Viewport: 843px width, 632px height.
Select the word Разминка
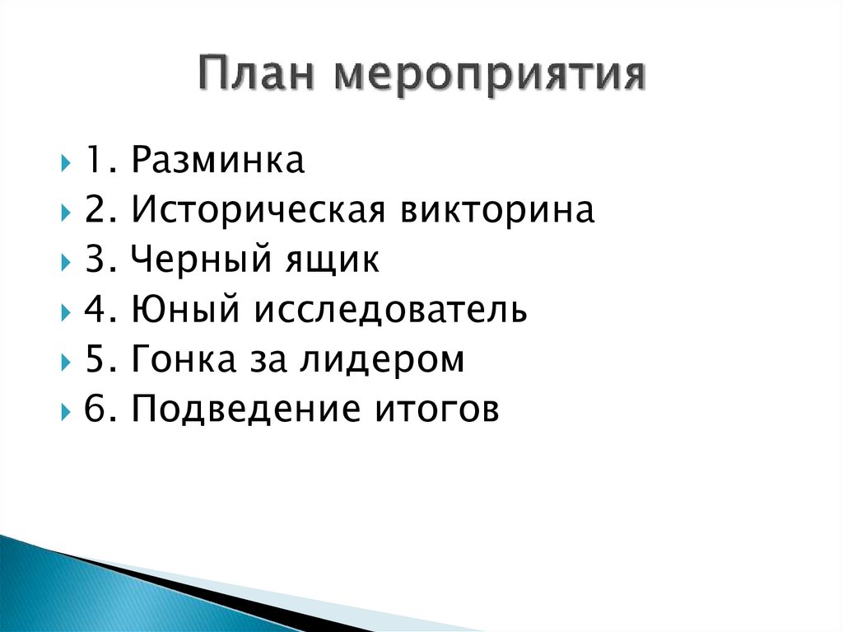pyautogui.click(x=218, y=161)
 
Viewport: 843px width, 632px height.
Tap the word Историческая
pyautogui.click(x=259, y=212)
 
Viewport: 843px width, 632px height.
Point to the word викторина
pyautogui.click(x=498, y=212)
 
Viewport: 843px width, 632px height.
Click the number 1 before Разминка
pyautogui.click(x=92, y=162)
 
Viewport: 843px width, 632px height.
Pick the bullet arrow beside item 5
pyautogui.click(x=65, y=362)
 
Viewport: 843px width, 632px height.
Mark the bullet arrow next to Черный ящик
pyautogui.click(x=65, y=263)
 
